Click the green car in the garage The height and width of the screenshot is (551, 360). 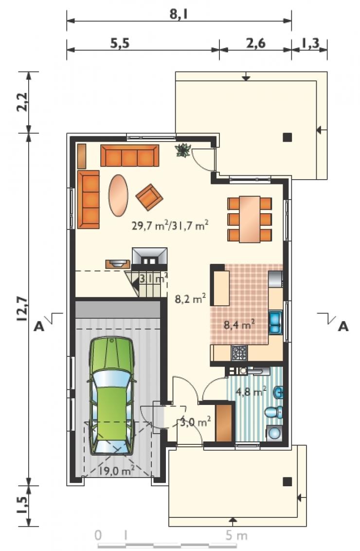coord(112,396)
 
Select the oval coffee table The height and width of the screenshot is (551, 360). coord(118,195)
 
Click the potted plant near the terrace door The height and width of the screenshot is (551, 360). coord(183,150)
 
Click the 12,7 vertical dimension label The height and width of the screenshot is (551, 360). coord(22,309)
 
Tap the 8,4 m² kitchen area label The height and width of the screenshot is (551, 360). coord(239,324)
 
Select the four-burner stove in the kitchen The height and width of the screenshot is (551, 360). coord(239,353)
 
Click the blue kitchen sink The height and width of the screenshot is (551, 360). coord(275,323)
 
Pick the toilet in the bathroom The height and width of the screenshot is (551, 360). coord(274,412)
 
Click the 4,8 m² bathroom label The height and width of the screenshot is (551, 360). coord(251,391)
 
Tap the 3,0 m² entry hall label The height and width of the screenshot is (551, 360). coord(195,421)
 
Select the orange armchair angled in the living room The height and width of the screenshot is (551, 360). coord(149,197)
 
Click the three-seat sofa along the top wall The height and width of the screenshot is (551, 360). coord(129,155)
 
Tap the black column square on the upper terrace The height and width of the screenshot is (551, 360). coord(288,137)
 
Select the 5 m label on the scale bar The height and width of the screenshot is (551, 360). coord(237,536)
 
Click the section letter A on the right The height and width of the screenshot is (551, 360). coord(343,327)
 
